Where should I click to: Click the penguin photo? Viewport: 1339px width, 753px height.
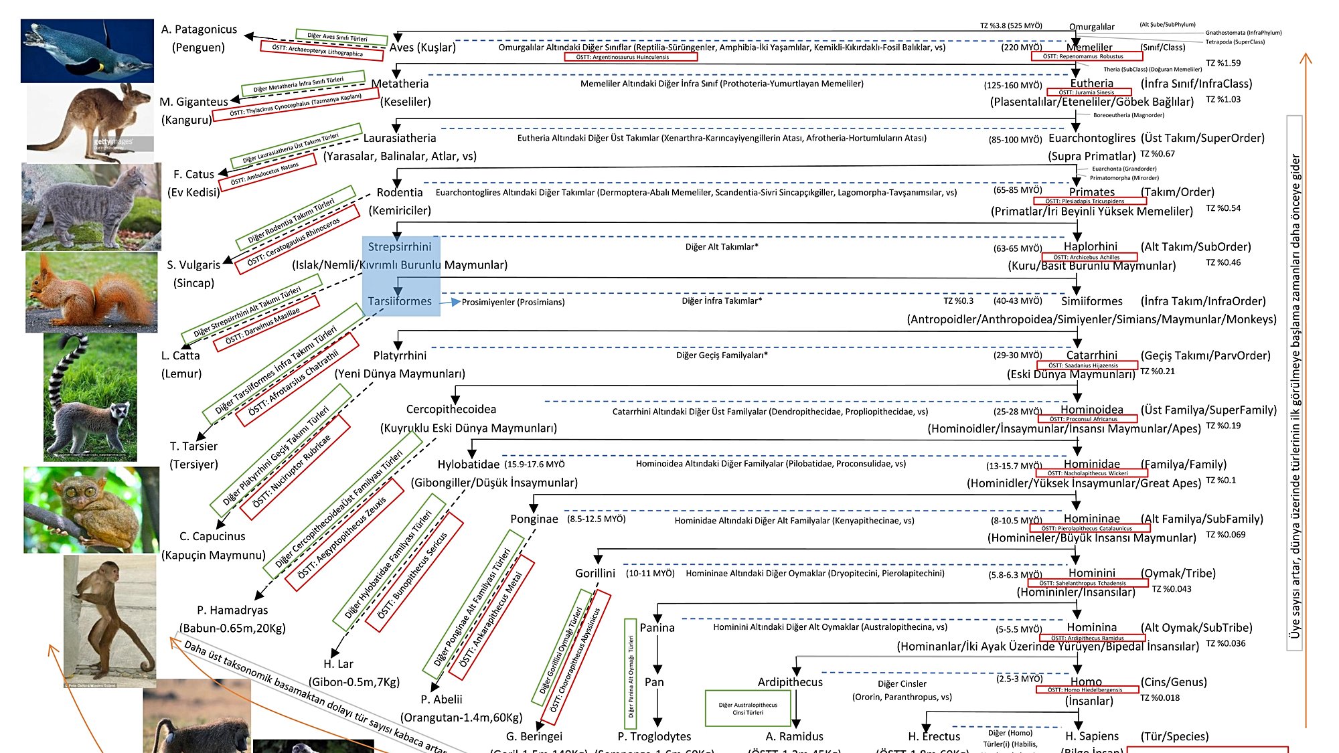(x=87, y=51)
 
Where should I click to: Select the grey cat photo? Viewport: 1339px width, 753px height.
(x=91, y=207)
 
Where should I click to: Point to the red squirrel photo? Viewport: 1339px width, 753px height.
(x=92, y=292)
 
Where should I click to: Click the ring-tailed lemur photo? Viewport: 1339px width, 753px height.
(x=90, y=397)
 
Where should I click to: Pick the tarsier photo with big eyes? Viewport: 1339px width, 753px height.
(x=91, y=509)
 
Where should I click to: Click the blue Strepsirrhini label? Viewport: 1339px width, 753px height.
(x=400, y=247)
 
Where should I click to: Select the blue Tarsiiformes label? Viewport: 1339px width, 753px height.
(x=400, y=301)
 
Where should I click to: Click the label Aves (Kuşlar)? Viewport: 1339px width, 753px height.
(x=422, y=48)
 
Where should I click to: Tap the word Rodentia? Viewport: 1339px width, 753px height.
(x=400, y=193)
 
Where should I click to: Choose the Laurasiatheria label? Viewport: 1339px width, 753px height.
(x=400, y=138)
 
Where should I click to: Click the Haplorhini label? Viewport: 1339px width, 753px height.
(x=1091, y=246)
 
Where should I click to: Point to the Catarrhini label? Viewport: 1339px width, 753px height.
(x=1091, y=355)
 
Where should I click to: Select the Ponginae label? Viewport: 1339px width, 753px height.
(x=534, y=519)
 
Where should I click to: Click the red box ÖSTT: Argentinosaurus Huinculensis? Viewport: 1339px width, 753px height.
(x=632, y=58)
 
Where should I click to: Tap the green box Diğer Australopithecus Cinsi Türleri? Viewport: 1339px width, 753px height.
(x=748, y=709)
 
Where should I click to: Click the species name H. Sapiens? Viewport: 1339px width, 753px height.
(x=1091, y=736)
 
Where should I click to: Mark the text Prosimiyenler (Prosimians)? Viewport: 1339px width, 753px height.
(x=513, y=303)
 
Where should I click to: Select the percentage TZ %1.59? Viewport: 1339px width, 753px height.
(x=1223, y=64)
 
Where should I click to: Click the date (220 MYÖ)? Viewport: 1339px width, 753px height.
(x=1021, y=48)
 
